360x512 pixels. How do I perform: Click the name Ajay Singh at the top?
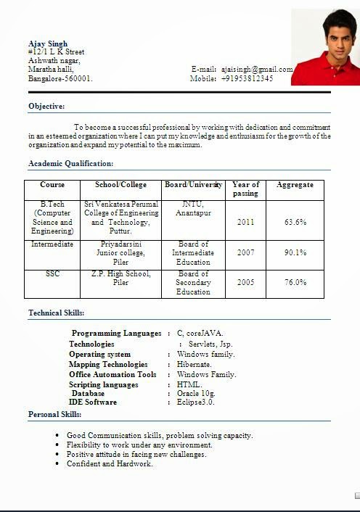point(48,44)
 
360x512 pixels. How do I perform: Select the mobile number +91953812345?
point(247,78)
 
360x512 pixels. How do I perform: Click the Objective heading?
point(46,106)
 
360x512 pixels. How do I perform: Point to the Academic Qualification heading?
point(70,163)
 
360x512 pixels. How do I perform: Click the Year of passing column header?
point(245,189)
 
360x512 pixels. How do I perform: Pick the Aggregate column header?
point(295,185)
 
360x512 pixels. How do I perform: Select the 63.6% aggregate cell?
point(295,221)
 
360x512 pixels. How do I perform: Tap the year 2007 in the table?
point(245,253)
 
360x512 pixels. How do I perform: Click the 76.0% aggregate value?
point(295,283)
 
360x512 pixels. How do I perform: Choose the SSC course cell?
point(52,273)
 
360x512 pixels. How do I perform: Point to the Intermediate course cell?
point(52,244)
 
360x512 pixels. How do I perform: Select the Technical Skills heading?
point(57,313)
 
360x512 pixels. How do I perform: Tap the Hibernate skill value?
point(194,364)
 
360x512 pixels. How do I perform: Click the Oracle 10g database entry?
point(196,393)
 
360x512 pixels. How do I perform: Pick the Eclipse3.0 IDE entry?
point(196,402)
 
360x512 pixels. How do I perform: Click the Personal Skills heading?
point(54,414)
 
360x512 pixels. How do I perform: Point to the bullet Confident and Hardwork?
point(110,463)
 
